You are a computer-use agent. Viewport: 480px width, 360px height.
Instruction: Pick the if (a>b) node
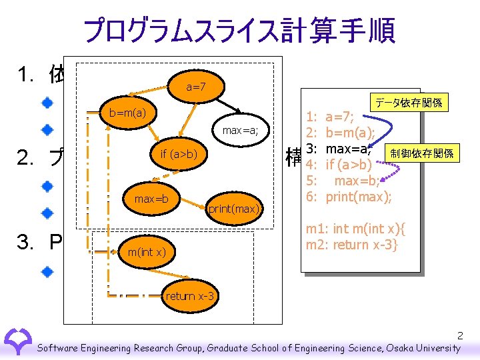click(x=178, y=155)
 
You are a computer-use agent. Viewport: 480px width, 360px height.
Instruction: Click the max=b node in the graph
click(x=151, y=199)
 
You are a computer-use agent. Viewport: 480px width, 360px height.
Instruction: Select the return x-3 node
click(x=189, y=295)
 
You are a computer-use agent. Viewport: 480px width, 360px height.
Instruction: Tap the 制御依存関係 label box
click(x=422, y=153)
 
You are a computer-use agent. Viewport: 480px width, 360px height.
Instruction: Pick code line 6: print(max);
click(x=358, y=197)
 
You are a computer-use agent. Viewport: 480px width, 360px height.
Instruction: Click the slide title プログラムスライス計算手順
click(x=239, y=29)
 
